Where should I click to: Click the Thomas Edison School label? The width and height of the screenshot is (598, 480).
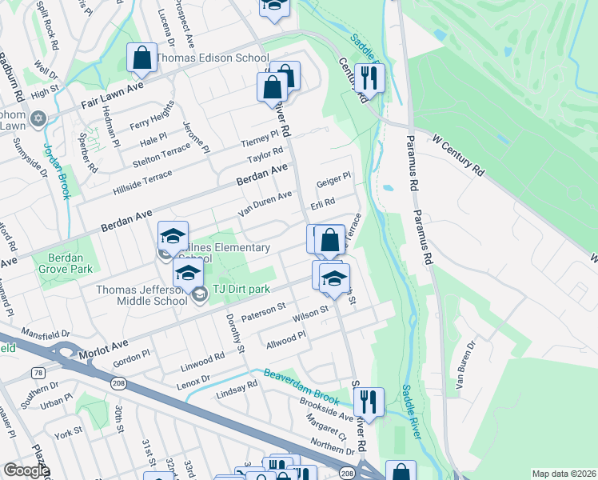click(x=212, y=58)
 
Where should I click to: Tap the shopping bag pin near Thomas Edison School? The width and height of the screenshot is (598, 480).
click(x=142, y=58)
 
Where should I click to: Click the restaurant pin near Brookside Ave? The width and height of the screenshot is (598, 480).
click(x=369, y=401)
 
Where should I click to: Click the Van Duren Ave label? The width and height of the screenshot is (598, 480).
click(x=265, y=204)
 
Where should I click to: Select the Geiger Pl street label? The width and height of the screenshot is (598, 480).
click(x=334, y=179)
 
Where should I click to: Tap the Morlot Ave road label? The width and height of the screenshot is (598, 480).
click(x=103, y=348)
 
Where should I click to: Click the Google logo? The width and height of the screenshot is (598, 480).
click(x=26, y=470)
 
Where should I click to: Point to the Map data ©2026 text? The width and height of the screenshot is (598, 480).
click(x=563, y=474)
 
